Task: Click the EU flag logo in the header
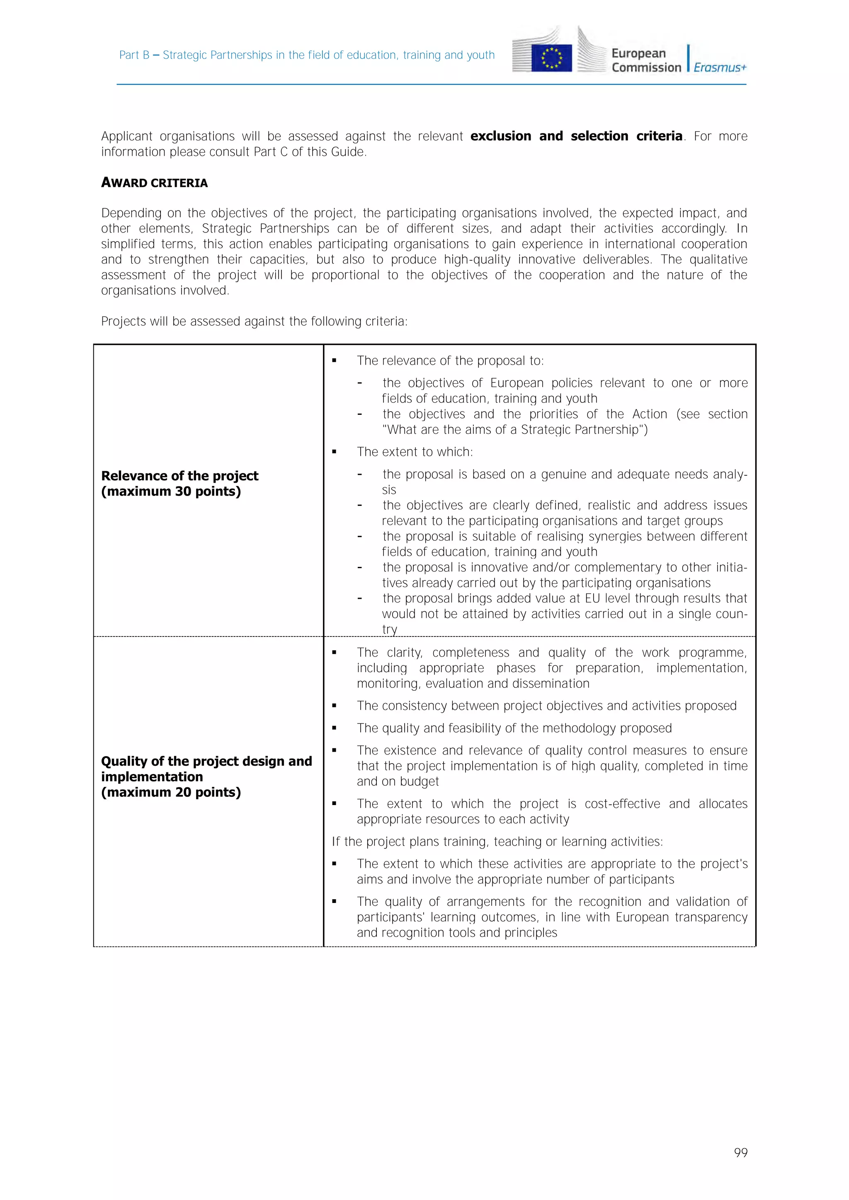coord(551,58)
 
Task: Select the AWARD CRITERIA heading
coord(154,183)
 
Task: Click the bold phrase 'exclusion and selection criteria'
coord(576,136)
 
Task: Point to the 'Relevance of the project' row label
coord(180,476)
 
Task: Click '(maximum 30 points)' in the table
coord(171,491)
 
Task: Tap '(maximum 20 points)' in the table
coord(171,792)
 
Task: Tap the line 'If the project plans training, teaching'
coord(497,842)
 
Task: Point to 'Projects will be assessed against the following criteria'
coord(254,322)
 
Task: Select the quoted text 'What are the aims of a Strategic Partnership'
coord(514,430)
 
